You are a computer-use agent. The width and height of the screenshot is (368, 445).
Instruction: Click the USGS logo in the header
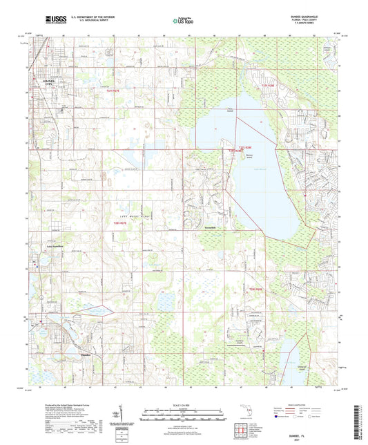tap(52, 20)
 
